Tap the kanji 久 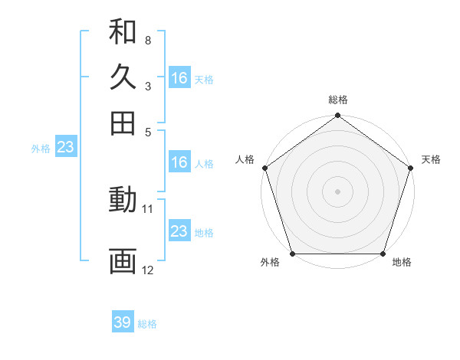pyautogui.click(x=123, y=77)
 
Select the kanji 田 pyautogui.click(x=123, y=123)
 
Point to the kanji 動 pyautogui.click(x=123, y=201)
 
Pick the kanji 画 pyautogui.click(x=123, y=260)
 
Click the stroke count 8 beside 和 pyautogui.click(x=147, y=40)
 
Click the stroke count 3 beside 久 pyautogui.click(x=147, y=87)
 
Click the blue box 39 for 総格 pyautogui.click(x=123, y=322)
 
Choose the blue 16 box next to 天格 pyautogui.click(x=179, y=78)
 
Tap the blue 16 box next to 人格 pyautogui.click(x=179, y=162)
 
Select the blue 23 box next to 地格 pyautogui.click(x=179, y=231)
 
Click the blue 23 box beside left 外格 pyautogui.click(x=65, y=147)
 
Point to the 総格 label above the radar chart pyautogui.click(x=338, y=100)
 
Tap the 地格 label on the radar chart pyautogui.click(x=402, y=263)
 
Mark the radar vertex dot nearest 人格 pyautogui.click(x=264, y=168)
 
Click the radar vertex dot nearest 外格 pyautogui.click(x=292, y=254)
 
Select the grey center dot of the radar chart pyautogui.click(x=337, y=191)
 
